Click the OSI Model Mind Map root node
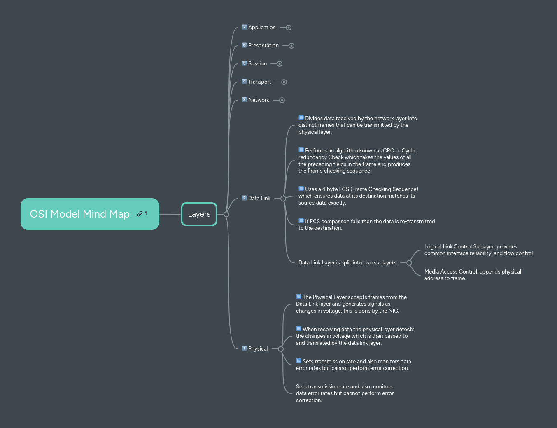80,214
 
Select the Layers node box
199,214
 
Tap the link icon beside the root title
140,214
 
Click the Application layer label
262,28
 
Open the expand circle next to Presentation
291,46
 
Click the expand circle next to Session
280,64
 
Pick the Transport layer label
259,82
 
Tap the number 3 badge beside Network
244,100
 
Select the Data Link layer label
259,199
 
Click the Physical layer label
258,349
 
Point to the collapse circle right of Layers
226,214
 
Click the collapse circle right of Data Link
283,199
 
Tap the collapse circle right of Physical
281,349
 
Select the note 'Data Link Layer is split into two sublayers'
347,263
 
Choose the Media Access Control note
473,275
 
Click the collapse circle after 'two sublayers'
409,263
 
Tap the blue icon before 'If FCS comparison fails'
301,221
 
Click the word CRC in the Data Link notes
388,151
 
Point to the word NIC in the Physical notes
393,311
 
